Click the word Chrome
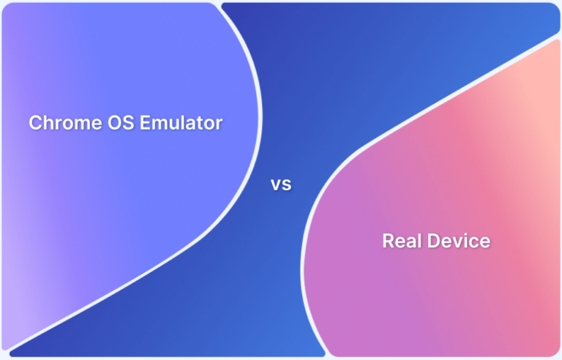56,123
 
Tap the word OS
104,123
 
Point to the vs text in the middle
281,185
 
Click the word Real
402,240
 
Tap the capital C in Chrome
35,123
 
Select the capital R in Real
388,240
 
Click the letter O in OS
98,123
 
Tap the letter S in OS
112,123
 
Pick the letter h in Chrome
46,123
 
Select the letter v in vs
277,185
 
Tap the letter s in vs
287,185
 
